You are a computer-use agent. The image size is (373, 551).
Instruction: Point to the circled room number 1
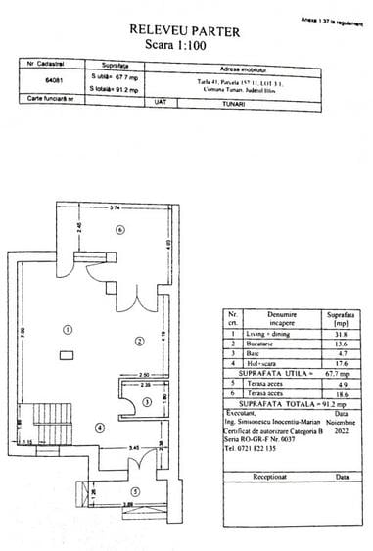tap(68, 328)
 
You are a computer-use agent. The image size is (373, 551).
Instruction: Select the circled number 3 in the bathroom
tap(146, 401)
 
